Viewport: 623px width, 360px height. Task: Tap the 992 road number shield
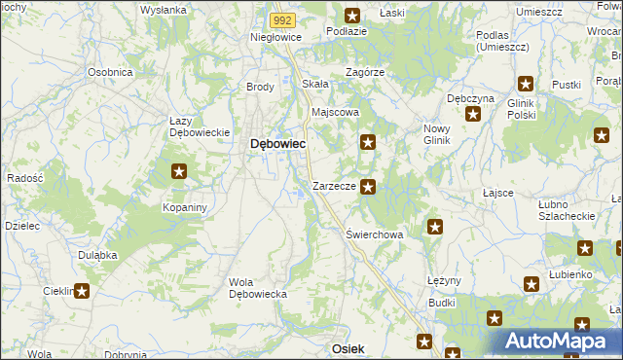[x=281, y=19]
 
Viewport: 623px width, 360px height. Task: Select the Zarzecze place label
[x=332, y=186]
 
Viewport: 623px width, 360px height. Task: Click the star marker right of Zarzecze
[x=367, y=186]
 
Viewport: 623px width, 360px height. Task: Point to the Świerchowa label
[x=375, y=234]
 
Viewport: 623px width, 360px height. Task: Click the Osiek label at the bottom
[x=348, y=348]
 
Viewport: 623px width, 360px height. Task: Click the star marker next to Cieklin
[x=82, y=290]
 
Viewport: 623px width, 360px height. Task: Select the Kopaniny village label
[x=182, y=208]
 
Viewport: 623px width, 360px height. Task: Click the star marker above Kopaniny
[x=179, y=172]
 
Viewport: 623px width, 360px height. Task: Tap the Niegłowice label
[x=276, y=37]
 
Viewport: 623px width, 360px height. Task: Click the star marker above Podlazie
[x=352, y=15]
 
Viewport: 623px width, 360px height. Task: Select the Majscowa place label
[x=335, y=112]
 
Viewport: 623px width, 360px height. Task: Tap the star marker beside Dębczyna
[x=473, y=114]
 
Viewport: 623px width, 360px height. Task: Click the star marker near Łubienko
[x=531, y=284]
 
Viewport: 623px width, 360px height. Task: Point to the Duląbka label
[x=97, y=254]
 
